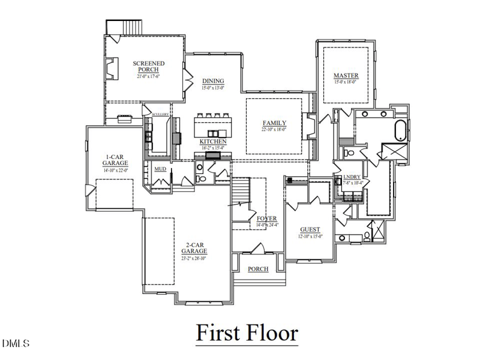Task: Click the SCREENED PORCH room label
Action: pyautogui.click(x=149, y=67)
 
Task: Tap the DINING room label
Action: pyautogui.click(x=213, y=81)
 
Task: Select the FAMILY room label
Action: pyautogui.click(x=274, y=123)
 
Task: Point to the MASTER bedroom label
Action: pyautogui.click(x=346, y=76)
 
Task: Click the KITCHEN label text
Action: pyautogui.click(x=213, y=142)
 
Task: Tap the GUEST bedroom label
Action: pyautogui.click(x=310, y=230)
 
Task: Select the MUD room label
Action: pyautogui.click(x=160, y=169)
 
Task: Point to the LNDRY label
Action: pyautogui.click(x=352, y=176)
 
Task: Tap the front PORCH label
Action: pyautogui.click(x=258, y=269)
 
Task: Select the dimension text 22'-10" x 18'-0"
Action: pyautogui.click(x=274, y=130)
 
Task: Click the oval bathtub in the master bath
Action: pyautogui.click(x=399, y=130)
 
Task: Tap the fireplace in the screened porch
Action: pyautogui.click(x=112, y=67)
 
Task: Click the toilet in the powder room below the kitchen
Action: pyautogui.click(x=202, y=178)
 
